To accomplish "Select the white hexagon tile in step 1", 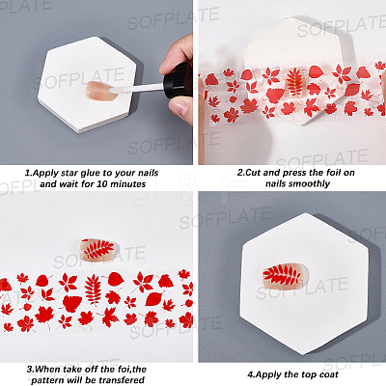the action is (x=88, y=84).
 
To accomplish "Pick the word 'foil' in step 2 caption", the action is (x=325, y=173).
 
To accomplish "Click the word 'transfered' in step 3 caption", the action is (x=122, y=380).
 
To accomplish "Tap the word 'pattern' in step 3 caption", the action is (x=48, y=380).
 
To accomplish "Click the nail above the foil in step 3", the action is (x=97, y=249).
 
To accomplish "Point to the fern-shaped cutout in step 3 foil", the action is (x=93, y=289).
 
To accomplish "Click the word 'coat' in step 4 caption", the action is (x=329, y=374).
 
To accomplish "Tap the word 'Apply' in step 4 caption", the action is (x=268, y=375).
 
